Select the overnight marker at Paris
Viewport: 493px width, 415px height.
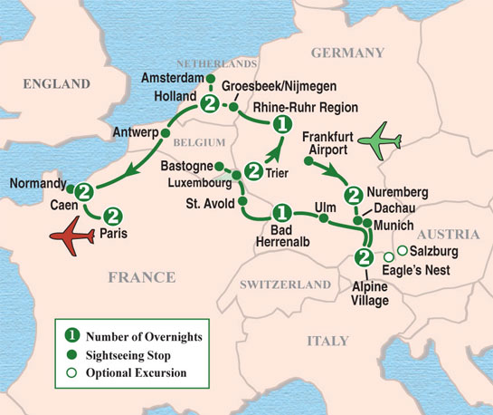113,217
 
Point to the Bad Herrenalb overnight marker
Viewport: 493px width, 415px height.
281,213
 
